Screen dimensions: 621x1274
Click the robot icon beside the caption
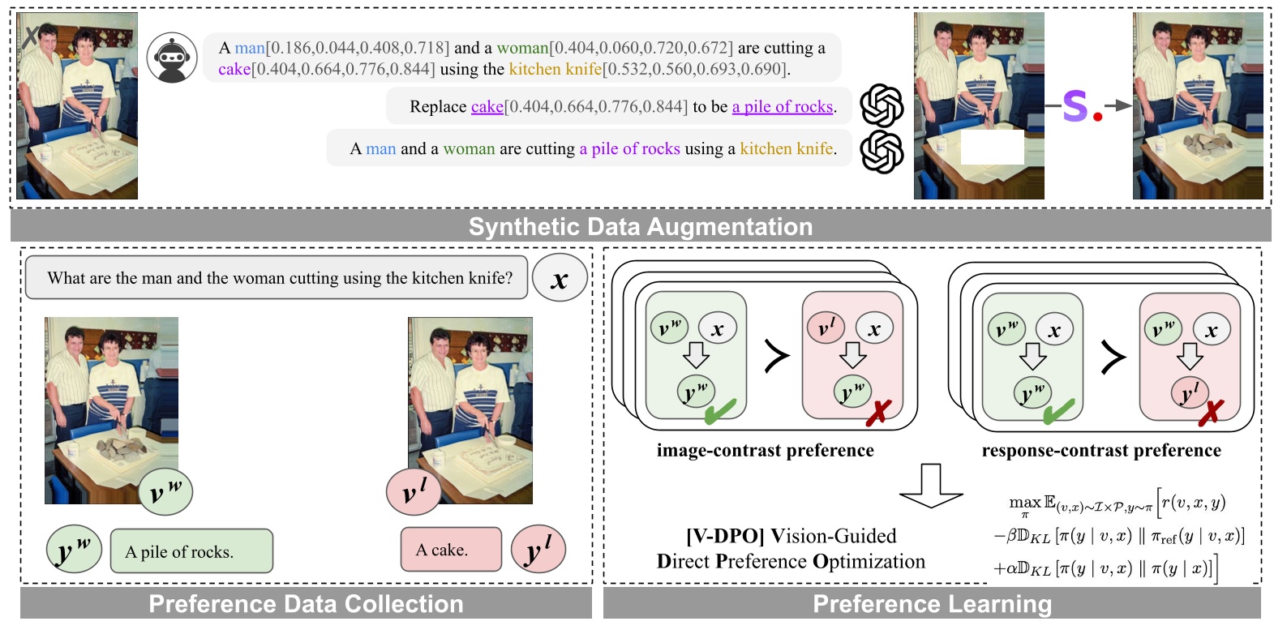[x=172, y=58]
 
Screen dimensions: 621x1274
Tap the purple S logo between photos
[x=1075, y=105]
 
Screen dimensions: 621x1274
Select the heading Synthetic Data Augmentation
[x=640, y=226]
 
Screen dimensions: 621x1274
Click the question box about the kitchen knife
[x=277, y=278]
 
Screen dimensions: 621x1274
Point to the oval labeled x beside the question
[x=559, y=279]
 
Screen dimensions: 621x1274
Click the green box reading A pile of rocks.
[x=191, y=551]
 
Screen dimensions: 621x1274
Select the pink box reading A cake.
[x=451, y=550]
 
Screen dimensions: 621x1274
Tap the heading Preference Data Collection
[x=306, y=604]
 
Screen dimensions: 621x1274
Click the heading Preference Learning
[x=932, y=604]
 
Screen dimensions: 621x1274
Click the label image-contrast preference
[x=765, y=450]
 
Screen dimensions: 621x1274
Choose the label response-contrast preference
[x=1100, y=450]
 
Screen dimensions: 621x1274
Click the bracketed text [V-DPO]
[x=725, y=536]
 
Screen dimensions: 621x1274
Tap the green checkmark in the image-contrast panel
[x=719, y=411]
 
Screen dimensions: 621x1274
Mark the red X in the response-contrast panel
[x=1210, y=412]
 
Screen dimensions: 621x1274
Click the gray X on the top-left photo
[x=30, y=36]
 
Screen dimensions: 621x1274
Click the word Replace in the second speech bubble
[x=437, y=107]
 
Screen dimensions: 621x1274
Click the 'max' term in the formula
[x=1024, y=503]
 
